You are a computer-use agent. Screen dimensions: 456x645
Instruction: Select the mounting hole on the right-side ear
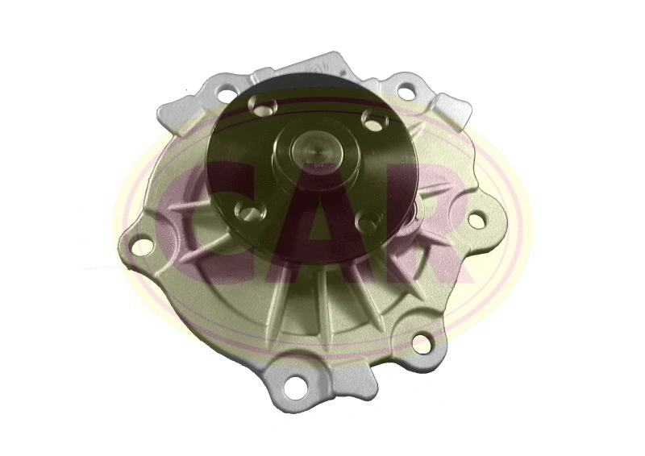tap(476, 218)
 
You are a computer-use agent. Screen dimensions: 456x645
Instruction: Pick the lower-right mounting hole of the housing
tap(421, 343)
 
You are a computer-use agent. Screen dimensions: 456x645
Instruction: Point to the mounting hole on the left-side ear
tap(140, 246)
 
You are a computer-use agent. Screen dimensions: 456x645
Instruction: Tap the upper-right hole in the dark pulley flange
tap(372, 121)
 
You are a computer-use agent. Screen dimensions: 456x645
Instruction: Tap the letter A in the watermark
tap(322, 218)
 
